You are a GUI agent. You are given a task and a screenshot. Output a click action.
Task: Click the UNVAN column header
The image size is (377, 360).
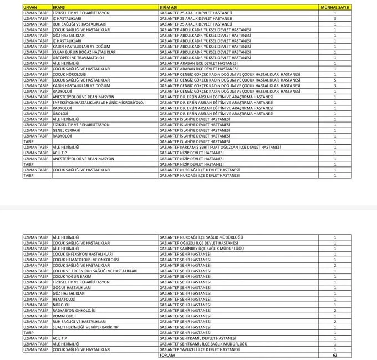click(x=30, y=7)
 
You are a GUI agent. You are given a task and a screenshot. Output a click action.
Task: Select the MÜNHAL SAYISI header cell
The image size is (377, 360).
click(x=335, y=7)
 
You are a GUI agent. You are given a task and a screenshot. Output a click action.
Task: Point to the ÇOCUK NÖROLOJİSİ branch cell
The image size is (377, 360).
click(x=70, y=74)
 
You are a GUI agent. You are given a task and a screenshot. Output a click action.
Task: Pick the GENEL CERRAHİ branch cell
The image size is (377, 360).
click(x=66, y=130)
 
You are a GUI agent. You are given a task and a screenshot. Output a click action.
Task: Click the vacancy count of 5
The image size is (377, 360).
click(x=335, y=80)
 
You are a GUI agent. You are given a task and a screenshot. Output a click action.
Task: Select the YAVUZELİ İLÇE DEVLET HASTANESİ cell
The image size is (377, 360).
click(x=200, y=350)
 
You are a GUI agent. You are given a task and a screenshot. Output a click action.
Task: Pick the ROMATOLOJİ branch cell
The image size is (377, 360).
click(x=66, y=316)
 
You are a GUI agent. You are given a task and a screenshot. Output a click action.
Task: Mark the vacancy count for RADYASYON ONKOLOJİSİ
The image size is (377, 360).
click(x=335, y=310)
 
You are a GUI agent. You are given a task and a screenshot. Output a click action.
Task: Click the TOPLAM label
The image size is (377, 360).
click(x=167, y=356)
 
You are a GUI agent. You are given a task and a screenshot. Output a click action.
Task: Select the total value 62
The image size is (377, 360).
click(x=335, y=356)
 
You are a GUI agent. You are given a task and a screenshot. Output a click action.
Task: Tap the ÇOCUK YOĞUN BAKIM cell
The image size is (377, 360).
click(x=72, y=276)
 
